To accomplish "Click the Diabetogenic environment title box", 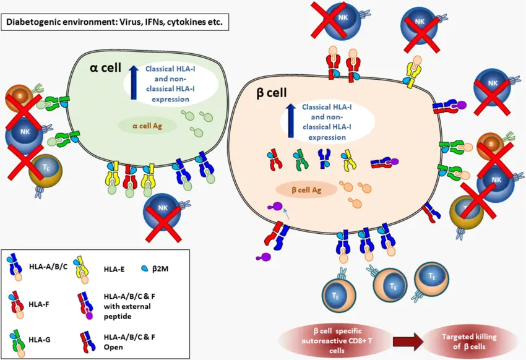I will (115, 24).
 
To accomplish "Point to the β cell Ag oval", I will (306, 189).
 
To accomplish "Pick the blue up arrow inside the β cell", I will (291, 118).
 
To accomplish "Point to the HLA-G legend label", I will (42, 339).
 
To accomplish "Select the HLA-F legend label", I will (42, 303).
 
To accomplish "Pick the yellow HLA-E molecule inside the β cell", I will (348, 160).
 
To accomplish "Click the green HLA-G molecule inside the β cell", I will (300, 160).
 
